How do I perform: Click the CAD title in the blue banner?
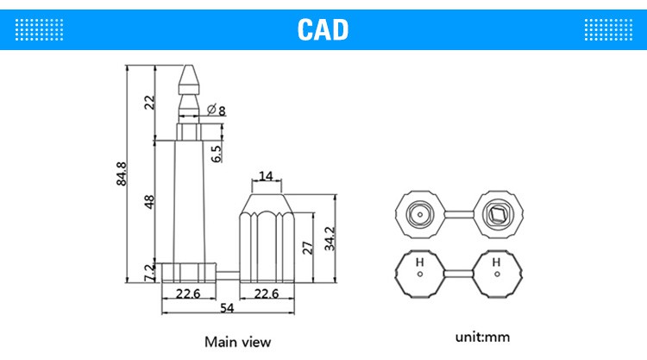click(x=323, y=29)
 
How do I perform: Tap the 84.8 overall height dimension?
click(x=122, y=174)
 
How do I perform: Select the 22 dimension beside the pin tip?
click(x=149, y=103)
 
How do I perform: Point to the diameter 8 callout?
click(x=217, y=111)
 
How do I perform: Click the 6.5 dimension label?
click(x=217, y=154)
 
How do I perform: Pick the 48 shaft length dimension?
click(x=148, y=202)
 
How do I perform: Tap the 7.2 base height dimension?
click(x=149, y=273)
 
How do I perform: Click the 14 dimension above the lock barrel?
click(x=267, y=176)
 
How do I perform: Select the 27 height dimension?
click(x=308, y=248)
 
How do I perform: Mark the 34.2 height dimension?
click(x=330, y=238)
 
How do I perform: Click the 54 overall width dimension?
click(x=227, y=308)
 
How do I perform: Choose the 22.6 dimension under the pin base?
click(x=188, y=294)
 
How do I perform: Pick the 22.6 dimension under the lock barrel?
click(x=267, y=294)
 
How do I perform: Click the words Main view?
click(x=238, y=342)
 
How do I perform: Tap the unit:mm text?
click(x=482, y=337)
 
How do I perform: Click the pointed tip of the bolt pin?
click(x=189, y=66)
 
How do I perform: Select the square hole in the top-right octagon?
click(x=497, y=214)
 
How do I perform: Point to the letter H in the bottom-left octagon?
click(x=419, y=262)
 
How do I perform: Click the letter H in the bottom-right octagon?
click(x=496, y=262)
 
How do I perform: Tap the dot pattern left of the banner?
click(x=39, y=29)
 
